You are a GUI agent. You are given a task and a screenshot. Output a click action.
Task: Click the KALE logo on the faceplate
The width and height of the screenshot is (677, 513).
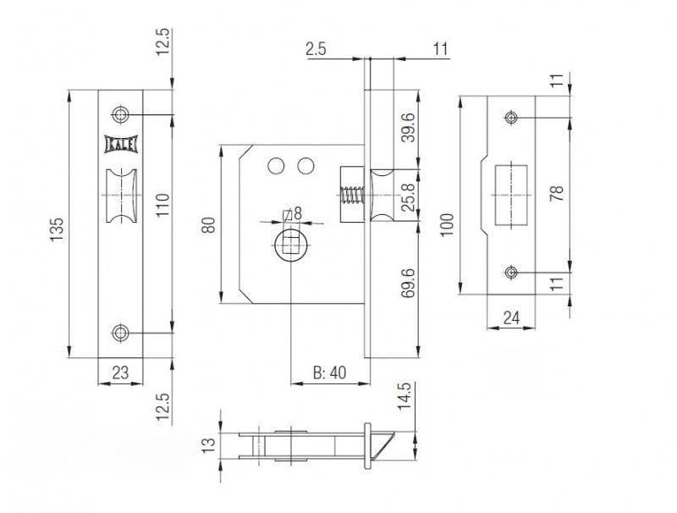(121, 144)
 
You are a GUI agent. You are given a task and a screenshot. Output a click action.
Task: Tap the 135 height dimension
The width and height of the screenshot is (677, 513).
(57, 229)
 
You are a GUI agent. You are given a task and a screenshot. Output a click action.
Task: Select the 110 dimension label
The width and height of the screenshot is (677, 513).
(163, 205)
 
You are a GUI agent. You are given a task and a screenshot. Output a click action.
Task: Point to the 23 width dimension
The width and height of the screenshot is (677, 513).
(120, 372)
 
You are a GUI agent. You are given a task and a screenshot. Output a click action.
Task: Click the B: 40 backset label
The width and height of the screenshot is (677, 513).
(329, 372)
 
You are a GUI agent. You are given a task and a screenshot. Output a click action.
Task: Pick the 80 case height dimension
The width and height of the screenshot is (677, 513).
(208, 225)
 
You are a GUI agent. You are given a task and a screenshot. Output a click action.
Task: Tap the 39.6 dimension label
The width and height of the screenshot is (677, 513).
(408, 127)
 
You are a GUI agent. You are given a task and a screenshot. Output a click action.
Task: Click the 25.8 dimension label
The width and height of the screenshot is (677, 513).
(408, 197)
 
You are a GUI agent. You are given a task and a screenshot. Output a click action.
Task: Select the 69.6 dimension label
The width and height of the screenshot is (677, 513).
(408, 283)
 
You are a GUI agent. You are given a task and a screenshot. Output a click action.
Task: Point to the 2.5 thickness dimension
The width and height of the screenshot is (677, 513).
(316, 49)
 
